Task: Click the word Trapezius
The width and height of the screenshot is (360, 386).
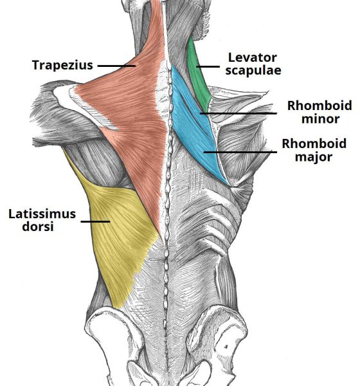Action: (x=62, y=65)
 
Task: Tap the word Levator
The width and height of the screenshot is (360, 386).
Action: (x=253, y=58)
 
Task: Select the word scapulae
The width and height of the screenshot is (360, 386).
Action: (x=253, y=70)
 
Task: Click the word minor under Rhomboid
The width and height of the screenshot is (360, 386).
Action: (x=320, y=119)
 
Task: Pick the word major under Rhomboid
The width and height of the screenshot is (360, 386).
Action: (x=314, y=157)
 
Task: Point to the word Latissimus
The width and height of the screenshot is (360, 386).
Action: (x=42, y=214)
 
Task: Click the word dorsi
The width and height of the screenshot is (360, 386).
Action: (x=38, y=226)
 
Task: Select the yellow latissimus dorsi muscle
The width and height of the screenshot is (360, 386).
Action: (x=118, y=234)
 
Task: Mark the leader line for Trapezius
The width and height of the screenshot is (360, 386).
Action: (x=116, y=66)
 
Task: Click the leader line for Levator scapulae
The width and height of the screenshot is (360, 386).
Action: (x=208, y=66)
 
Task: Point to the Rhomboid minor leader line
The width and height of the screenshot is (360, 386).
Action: (x=239, y=113)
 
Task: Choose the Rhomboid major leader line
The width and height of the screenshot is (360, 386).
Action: (x=240, y=152)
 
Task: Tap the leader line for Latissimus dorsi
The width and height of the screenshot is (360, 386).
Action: (x=96, y=221)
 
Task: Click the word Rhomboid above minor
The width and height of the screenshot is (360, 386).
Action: (x=319, y=106)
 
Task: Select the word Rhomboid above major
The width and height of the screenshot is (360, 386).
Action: (x=314, y=143)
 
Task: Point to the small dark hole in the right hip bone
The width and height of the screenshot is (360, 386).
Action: (x=226, y=347)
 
